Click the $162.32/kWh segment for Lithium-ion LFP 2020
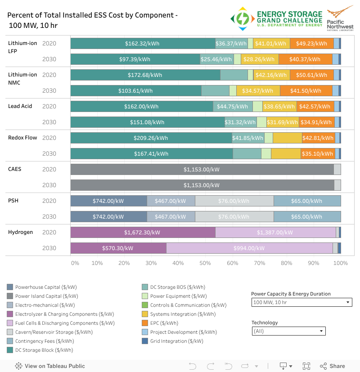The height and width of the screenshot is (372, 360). click(143, 44)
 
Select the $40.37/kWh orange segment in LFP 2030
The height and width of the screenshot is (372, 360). click(305, 59)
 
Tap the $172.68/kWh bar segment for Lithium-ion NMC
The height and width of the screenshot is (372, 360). click(145, 75)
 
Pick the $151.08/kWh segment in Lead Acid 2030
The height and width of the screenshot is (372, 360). click(148, 122)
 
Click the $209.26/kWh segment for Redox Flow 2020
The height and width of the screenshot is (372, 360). click(151, 138)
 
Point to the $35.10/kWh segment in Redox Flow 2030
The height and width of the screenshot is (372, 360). click(318, 154)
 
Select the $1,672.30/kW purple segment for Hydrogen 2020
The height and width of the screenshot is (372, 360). click(142, 233)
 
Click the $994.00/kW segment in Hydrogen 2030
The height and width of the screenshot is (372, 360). click(249, 248)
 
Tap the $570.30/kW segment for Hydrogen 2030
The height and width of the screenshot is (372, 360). click(118, 248)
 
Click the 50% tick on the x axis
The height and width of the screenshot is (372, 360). click(205, 263)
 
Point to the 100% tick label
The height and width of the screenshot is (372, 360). click(340, 263)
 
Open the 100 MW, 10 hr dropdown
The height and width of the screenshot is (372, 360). click(301, 302)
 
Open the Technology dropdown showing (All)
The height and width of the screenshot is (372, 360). click(288, 331)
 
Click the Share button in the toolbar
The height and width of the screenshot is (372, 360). click(333, 366)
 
